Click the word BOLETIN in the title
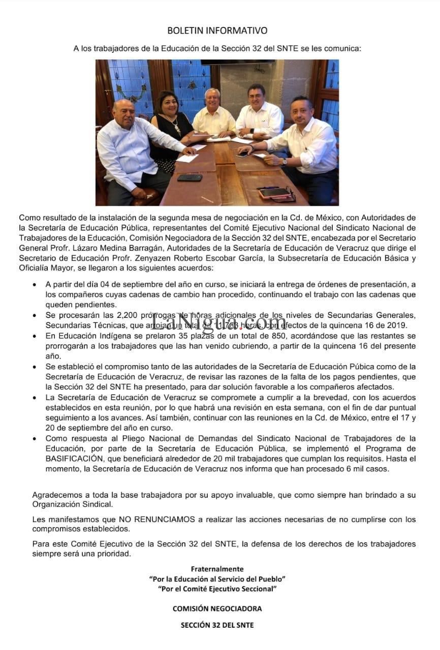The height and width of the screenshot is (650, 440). pyautogui.click(x=186, y=31)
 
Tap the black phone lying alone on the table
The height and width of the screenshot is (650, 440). pyautogui.click(x=190, y=178)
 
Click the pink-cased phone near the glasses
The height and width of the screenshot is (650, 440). pyautogui.click(x=274, y=192)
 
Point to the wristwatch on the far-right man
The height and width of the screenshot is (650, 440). pyautogui.click(x=284, y=162)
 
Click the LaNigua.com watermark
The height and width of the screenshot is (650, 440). pyautogui.click(x=218, y=321)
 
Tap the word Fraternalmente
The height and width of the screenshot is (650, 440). pyautogui.click(x=217, y=569)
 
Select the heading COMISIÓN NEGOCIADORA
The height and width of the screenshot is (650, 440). pyautogui.click(x=217, y=608)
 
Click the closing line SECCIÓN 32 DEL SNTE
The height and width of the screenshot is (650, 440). pyautogui.click(x=217, y=625)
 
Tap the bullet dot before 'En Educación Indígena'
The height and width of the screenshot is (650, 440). pyautogui.click(x=35, y=337)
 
